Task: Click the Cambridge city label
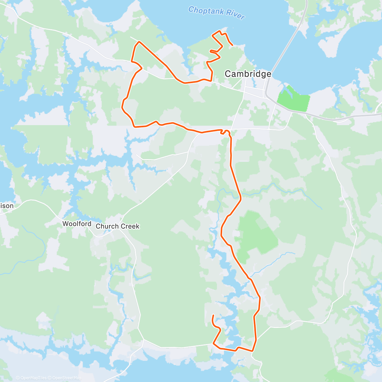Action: click(x=248, y=74)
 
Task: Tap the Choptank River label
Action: click(x=216, y=13)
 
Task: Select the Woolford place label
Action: click(x=77, y=224)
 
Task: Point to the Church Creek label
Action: click(x=117, y=226)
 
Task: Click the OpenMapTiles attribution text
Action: click(x=33, y=378)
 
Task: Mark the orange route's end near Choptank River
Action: click(x=233, y=45)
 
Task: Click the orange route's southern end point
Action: click(x=213, y=315)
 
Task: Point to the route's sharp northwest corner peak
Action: click(x=139, y=42)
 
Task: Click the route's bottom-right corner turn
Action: click(x=252, y=351)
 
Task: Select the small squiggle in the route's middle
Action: click(x=226, y=131)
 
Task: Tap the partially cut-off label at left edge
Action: click(x=7, y=206)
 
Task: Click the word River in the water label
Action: click(x=236, y=15)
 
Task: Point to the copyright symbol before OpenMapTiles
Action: click(x=18, y=378)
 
